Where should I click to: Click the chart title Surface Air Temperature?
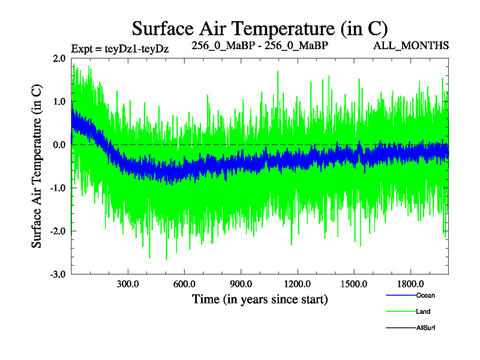pos(260,28)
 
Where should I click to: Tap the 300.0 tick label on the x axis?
pos(128,283)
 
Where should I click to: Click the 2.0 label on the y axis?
pos(59,58)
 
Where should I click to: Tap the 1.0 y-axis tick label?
pos(59,101)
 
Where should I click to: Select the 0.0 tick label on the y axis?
pos(59,145)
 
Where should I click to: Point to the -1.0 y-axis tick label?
pos(58,188)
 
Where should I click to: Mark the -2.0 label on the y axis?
pos(58,231)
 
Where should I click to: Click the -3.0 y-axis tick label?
pos(58,274)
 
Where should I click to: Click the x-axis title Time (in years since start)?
pos(260,298)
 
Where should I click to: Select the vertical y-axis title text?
pos(37,167)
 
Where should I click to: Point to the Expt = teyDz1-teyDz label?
pos(119,48)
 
